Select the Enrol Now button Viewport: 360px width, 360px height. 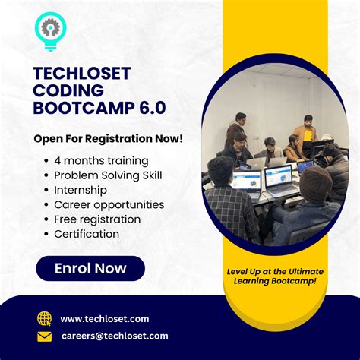coord(90,268)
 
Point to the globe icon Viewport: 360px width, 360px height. coord(45,318)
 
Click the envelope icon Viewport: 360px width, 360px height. coord(45,336)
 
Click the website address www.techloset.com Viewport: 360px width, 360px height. coord(105,319)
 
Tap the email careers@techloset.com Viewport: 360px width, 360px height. coord(114,336)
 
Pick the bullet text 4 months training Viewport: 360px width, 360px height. coord(101,160)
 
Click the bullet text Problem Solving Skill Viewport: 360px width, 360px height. coord(108,175)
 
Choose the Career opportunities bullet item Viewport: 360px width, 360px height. coord(109,204)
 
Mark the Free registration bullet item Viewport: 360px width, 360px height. coord(97,219)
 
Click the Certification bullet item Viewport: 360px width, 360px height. coord(87,234)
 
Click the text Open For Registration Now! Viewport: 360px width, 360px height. coord(109,138)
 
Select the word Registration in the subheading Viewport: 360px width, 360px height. coord(114,138)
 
